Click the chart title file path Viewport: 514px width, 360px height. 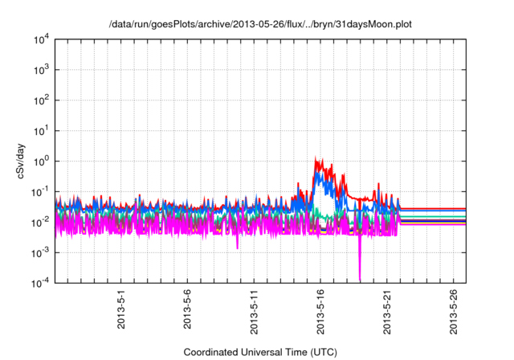click(260, 24)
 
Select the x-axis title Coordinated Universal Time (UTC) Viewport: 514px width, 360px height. click(260, 352)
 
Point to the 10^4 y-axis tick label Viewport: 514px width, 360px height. click(40, 39)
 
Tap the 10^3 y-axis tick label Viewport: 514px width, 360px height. click(40, 70)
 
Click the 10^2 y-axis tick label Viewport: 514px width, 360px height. click(40, 100)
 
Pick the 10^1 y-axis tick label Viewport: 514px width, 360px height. click(40, 130)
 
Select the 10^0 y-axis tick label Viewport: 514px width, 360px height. click(40, 161)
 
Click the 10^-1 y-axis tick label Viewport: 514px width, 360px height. click(40, 191)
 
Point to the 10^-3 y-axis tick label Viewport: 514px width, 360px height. click(40, 252)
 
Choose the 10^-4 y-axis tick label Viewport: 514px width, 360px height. click(40, 282)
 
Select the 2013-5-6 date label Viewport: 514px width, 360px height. click(187, 308)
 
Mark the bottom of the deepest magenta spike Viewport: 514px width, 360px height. click(360, 280)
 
